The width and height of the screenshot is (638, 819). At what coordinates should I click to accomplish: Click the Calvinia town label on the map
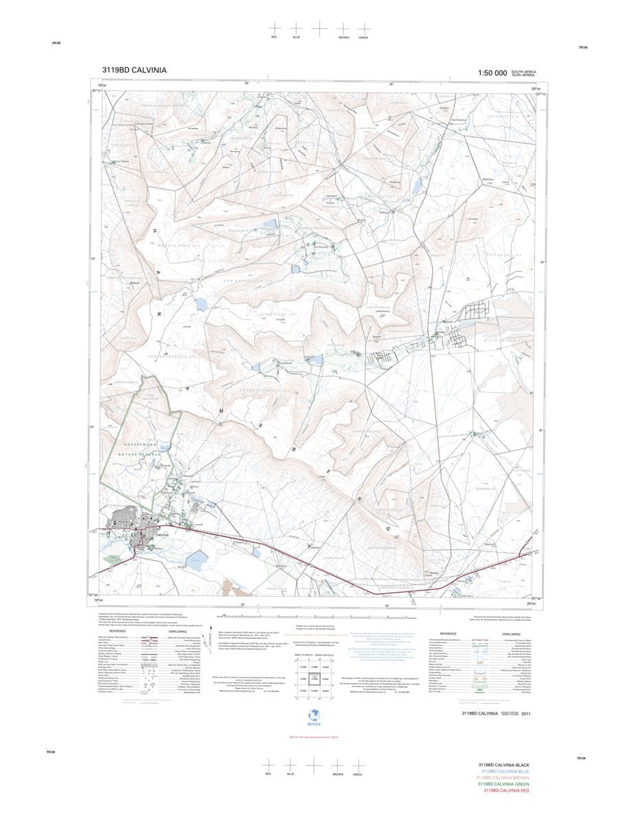[162, 534]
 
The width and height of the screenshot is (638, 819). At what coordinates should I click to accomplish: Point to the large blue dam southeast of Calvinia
[196, 560]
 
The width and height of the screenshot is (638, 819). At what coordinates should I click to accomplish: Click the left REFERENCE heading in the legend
[117, 632]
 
